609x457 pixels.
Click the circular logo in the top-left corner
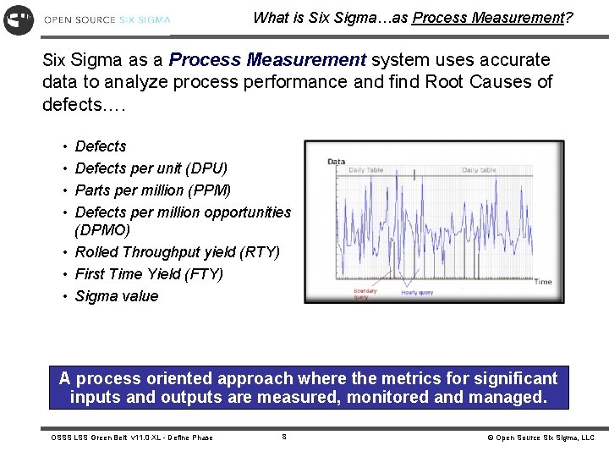19,19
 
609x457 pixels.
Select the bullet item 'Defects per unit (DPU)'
151,168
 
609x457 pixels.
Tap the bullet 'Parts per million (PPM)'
152,190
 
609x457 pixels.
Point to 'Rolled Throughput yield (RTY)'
177,252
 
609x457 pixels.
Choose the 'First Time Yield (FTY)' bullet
149,274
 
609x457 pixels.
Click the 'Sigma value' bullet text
117,296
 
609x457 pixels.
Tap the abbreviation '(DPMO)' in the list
102,230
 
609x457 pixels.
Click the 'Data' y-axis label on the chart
337,162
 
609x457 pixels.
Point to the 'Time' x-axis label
542,282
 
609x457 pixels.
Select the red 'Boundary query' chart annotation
365,295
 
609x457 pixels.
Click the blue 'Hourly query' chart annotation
417,293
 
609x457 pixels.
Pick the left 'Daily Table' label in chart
366,170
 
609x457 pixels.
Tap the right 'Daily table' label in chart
479,170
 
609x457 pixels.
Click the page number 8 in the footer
284,437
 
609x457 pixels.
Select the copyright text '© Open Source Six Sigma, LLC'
540,438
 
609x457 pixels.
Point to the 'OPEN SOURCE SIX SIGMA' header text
107,19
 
